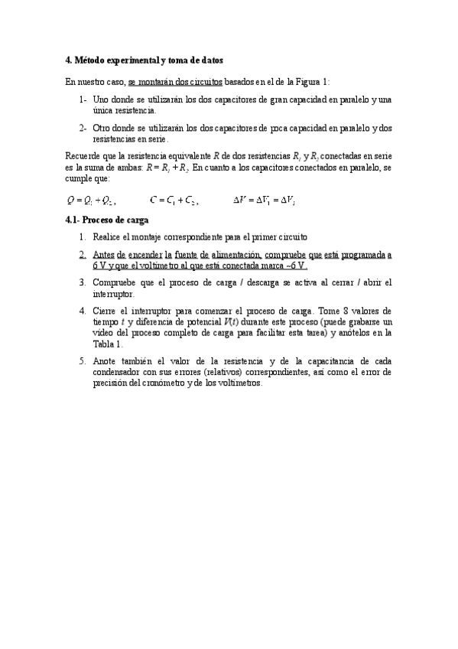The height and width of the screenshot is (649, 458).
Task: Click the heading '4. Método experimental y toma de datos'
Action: (145, 60)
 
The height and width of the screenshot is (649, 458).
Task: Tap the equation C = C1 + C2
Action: (174, 201)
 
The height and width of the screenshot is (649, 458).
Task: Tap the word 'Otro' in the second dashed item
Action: (102, 128)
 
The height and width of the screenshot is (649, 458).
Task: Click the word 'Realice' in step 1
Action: (107, 236)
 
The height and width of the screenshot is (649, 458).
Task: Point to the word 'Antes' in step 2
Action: (105, 254)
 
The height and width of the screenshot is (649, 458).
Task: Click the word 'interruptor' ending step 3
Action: (112, 294)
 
